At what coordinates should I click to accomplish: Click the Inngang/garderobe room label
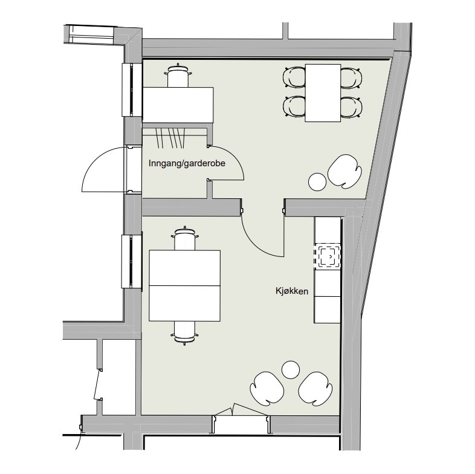(187, 164)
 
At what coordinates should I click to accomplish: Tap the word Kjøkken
(292, 291)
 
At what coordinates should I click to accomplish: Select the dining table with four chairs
(323, 93)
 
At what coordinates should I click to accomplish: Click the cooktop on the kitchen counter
(328, 256)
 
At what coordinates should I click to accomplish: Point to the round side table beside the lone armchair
(317, 181)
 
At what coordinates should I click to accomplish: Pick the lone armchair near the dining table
(344, 171)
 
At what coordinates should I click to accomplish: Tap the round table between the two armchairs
(291, 370)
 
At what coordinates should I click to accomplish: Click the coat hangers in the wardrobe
(170, 137)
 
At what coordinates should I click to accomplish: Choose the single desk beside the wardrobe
(178, 105)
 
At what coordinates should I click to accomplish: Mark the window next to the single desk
(132, 89)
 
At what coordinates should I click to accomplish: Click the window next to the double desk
(132, 261)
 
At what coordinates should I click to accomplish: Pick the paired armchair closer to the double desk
(267, 389)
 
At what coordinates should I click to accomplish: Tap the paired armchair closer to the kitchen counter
(315, 389)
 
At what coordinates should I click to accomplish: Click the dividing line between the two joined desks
(184, 285)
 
